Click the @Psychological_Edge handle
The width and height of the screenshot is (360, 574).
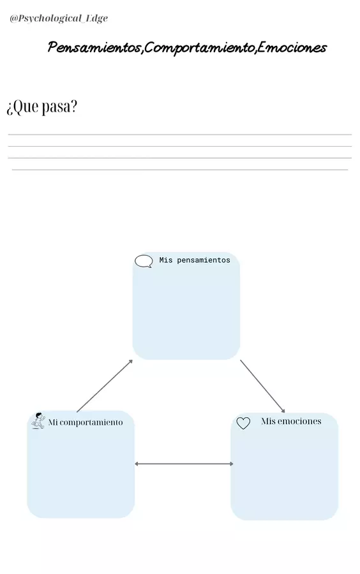tap(59, 18)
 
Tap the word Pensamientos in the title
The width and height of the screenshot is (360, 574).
tap(94, 48)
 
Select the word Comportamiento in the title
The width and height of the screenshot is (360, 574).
tap(199, 48)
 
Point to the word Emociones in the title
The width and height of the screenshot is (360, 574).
tap(292, 48)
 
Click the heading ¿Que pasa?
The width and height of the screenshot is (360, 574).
tap(41, 107)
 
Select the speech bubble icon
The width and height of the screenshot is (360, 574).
tap(144, 261)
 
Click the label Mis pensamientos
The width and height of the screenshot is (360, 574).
tap(195, 260)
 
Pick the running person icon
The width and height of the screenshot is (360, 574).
tap(38, 421)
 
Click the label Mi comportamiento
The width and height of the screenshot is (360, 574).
tap(86, 422)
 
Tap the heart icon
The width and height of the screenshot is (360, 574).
tap(243, 423)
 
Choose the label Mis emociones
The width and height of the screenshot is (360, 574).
tap(291, 422)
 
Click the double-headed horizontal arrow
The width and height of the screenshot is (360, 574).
tap(184, 464)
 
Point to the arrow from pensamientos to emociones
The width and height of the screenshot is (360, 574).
tap(262, 386)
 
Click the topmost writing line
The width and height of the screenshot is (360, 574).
tap(180, 135)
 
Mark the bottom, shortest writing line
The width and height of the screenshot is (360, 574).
tap(180, 170)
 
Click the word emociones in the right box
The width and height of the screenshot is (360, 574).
tap(299, 422)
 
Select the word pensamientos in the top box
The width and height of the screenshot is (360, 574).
tap(204, 260)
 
